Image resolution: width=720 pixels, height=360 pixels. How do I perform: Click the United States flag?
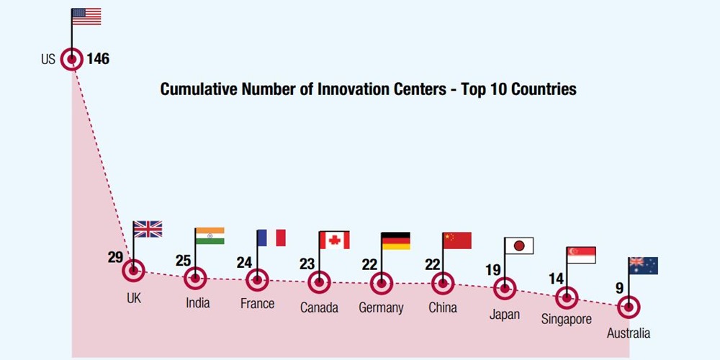coord(86,17)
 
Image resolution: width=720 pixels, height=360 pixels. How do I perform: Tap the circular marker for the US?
coord(72,59)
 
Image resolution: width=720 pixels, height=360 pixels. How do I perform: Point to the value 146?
coord(98,59)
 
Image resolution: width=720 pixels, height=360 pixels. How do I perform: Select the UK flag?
coord(148,229)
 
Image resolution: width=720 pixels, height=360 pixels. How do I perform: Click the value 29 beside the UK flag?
coord(115,257)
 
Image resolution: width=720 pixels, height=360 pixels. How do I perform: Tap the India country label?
coord(197,302)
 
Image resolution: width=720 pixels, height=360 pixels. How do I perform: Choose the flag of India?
coord(210,236)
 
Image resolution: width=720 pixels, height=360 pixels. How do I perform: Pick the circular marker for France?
coord(257,279)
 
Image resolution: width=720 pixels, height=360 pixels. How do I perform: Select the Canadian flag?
coord(334,240)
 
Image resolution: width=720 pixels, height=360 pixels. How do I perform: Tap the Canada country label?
coord(319,307)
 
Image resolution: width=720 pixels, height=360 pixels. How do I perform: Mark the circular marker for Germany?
coord(381,283)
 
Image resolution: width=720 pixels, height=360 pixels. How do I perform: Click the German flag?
coord(395,240)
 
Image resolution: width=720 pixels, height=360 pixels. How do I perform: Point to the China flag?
coord(457,240)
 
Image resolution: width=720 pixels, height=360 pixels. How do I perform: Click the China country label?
coord(442,307)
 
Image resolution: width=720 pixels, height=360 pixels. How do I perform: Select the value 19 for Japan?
coord(492,270)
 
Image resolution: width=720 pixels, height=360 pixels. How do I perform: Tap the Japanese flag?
coord(519,246)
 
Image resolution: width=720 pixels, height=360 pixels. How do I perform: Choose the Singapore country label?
coord(567,319)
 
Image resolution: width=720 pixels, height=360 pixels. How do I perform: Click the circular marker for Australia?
coord(629,307)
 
